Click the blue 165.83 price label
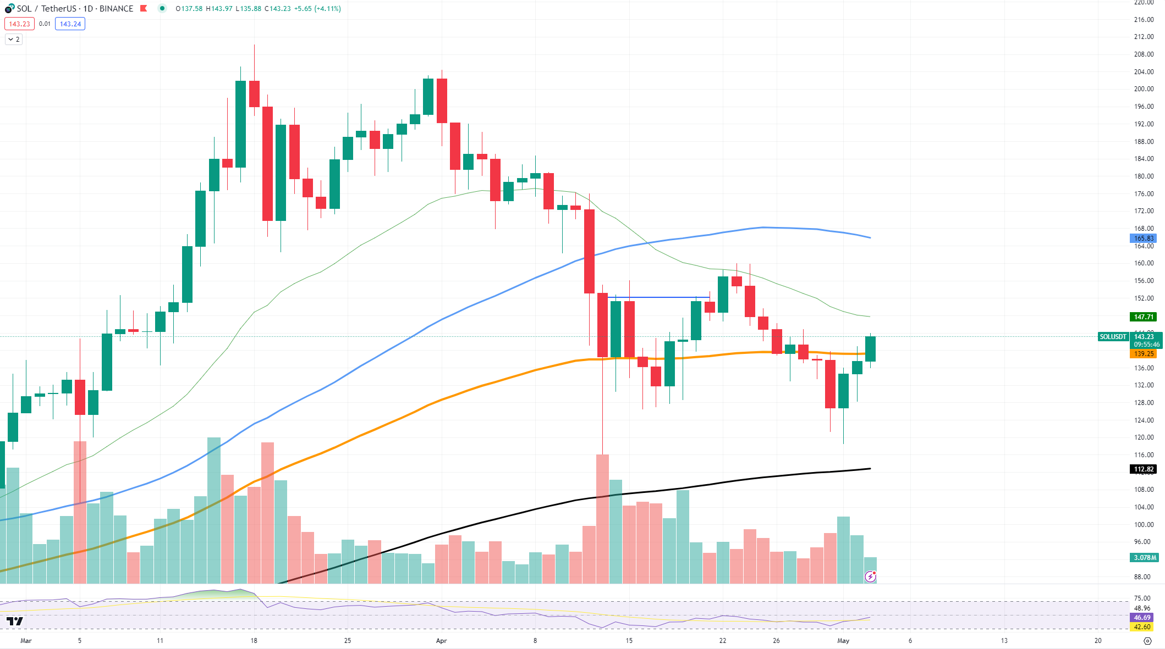[1144, 238]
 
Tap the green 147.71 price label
[1144, 317]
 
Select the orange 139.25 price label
[1144, 354]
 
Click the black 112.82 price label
[1144, 469]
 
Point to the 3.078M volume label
[1145, 558]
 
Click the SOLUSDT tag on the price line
[1113, 337]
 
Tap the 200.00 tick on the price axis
[1144, 89]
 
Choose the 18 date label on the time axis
[254, 641]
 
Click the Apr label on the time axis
[441, 641]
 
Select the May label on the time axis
[843, 641]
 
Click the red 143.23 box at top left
[19, 24]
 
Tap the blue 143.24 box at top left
[70, 24]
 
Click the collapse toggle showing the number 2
[14, 40]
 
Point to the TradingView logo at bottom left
[15, 622]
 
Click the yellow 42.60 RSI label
[1142, 627]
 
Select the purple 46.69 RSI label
[1142, 618]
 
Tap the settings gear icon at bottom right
[1147, 641]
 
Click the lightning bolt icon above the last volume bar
[870, 576]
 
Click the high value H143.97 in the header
[219, 9]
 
